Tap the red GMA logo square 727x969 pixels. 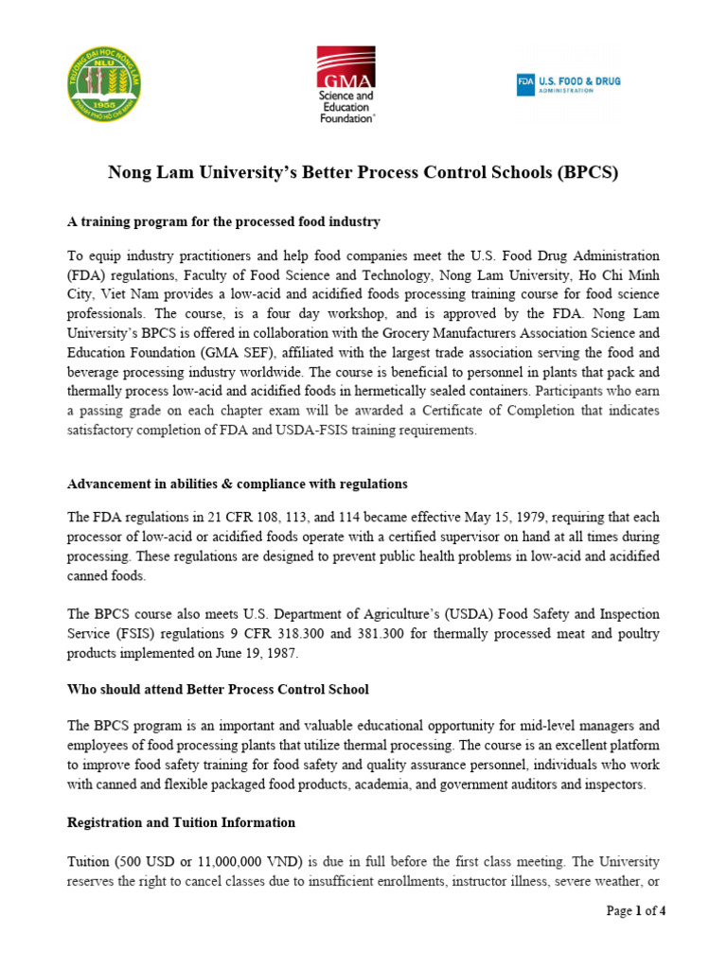click(x=346, y=68)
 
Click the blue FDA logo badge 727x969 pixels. click(x=525, y=84)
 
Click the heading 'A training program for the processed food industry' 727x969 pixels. click(x=223, y=221)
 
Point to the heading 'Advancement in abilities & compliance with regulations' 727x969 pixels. click(x=238, y=484)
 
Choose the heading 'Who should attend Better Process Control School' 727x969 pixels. click(x=218, y=688)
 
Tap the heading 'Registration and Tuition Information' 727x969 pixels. click(x=181, y=822)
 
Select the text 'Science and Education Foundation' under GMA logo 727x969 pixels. click(x=346, y=107)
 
